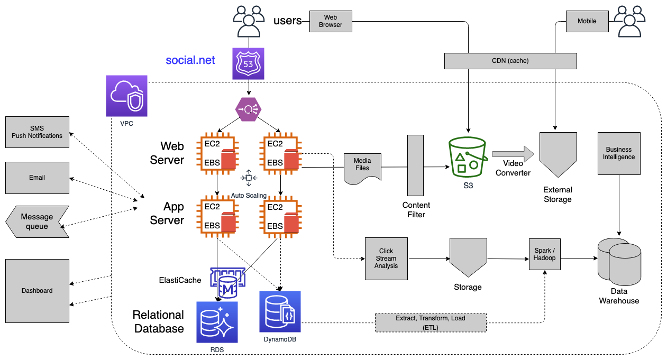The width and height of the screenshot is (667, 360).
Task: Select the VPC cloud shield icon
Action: [x=127, y=96]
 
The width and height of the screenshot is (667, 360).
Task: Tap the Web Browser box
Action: [x=331, y=21]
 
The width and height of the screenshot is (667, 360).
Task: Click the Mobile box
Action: [x=587, y=21]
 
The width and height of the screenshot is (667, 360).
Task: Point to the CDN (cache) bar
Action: [x=510, y=61]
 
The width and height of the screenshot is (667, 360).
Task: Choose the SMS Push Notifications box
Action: [x=37, y=132]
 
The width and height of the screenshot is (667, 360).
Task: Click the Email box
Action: [x=37, y=178]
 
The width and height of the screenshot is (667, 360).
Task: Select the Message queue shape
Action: [x=37, y=221]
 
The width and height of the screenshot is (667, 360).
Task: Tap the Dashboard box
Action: [x=38, y=290]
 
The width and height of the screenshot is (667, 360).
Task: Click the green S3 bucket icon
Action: [x=467, y=156]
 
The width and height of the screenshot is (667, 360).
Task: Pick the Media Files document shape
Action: [x=362, y=169]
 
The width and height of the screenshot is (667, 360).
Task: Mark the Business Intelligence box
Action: [x=619, y=154]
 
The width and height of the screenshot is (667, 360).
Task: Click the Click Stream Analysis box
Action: [x=386, y=259]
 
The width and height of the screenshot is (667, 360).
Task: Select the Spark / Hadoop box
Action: [x=545, y=254]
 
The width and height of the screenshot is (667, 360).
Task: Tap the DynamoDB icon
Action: [x=280, y=311]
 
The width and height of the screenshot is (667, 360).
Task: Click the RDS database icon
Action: [x=217, y=322]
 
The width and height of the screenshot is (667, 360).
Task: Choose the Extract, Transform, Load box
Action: [x=431, y=322]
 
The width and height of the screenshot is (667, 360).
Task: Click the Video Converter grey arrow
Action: [x=513, y=154]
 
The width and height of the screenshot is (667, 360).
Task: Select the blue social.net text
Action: [x=190, y=60]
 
